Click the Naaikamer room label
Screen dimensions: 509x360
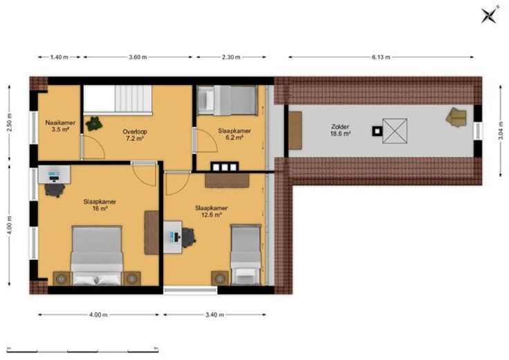pyautogui.click(x=60, y=123)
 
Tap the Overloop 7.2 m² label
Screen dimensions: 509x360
pyautogui.click(x=135, y=135)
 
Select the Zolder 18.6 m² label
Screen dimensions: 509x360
pyautogui.click(x=340, y=130)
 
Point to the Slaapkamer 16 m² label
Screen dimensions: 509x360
pyautogui.click(x=100, y=205)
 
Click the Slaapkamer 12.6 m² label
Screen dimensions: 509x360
pyautogui.click(x=211, y=211)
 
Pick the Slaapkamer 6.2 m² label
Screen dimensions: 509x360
pyautogui.click(x=234, y=134)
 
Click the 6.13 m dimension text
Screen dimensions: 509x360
pyautogui.click(x=381, y=57)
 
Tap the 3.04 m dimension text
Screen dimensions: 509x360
pyautogui.click(x=501, y=131)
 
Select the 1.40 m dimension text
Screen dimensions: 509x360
pyautogui.click(x=59, y=57)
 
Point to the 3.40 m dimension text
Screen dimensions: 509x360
pyautogui.click(x=215, y=314)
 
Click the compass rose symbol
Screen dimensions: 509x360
pyautogui.click(x=490, y=15)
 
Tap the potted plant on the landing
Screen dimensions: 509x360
pyautogui.click(x=93, y=124)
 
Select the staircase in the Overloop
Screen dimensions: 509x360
pyautogui.click(x=118, y=100)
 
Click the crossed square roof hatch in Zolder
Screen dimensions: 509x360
pyautogui.click(x=395, y=131)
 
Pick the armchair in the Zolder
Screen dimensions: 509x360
pyautogui.click(x=456, y=117)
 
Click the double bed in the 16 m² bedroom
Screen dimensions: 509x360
pyautogui.click(x=97, y=256)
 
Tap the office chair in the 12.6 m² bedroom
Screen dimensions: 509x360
pyautogui.click(x=188, y=238)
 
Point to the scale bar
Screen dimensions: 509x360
pyautogui.click(x=82, y=350)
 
